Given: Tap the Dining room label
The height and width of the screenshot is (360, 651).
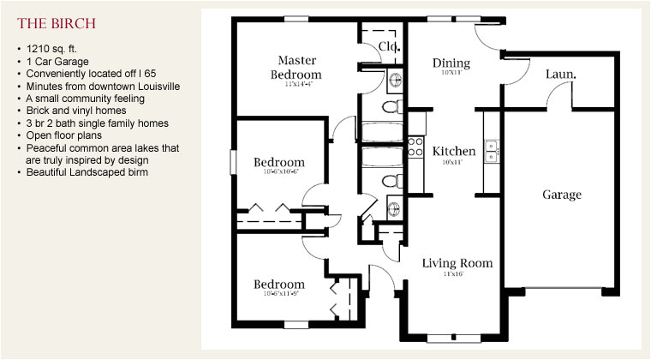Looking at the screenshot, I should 451,63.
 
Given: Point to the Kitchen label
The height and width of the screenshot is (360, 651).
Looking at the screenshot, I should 453,152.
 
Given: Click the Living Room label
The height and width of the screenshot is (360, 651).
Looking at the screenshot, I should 457,263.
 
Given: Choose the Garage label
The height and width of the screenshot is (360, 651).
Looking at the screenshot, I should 561,195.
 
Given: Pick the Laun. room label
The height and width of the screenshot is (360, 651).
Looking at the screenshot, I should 560,75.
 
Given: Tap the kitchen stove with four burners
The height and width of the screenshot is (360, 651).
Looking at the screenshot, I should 415,147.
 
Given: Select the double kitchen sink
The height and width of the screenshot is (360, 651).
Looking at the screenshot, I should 492,151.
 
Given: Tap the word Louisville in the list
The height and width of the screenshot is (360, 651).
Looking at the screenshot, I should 152,87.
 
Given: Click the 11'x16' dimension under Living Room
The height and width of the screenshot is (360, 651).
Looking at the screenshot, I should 453,275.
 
